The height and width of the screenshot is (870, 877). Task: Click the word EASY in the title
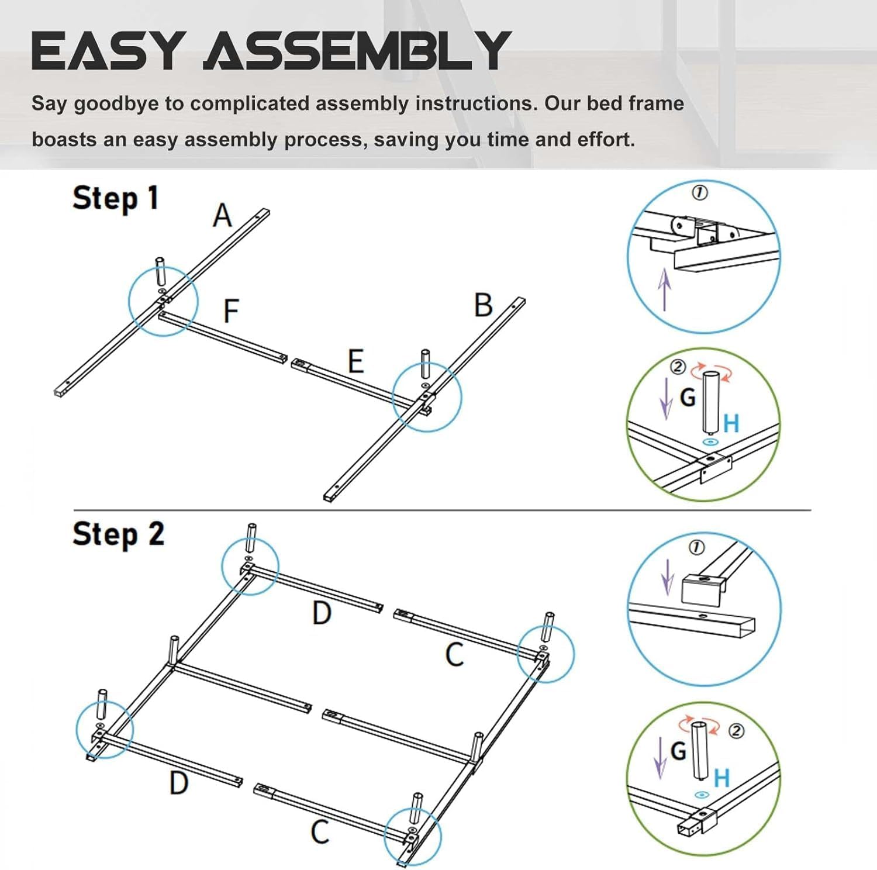point(106,51)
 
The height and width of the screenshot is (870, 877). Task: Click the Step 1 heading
point(115,198)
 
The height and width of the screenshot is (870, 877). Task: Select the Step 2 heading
point(118,534)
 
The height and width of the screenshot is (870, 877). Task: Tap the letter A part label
point(222,216)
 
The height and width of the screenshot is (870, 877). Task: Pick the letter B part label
point(483,305)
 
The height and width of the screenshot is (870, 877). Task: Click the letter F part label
point(232,310)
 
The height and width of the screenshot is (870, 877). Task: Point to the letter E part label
point(355,361)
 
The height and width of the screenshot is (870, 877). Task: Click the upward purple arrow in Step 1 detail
point(664,289)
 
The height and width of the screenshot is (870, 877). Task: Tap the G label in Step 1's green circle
point(688,398)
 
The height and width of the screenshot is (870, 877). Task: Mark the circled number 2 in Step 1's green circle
point(678,367)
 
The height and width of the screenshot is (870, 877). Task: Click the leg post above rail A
point(160,271)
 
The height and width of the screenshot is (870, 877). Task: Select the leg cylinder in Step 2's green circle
point(700,751)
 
